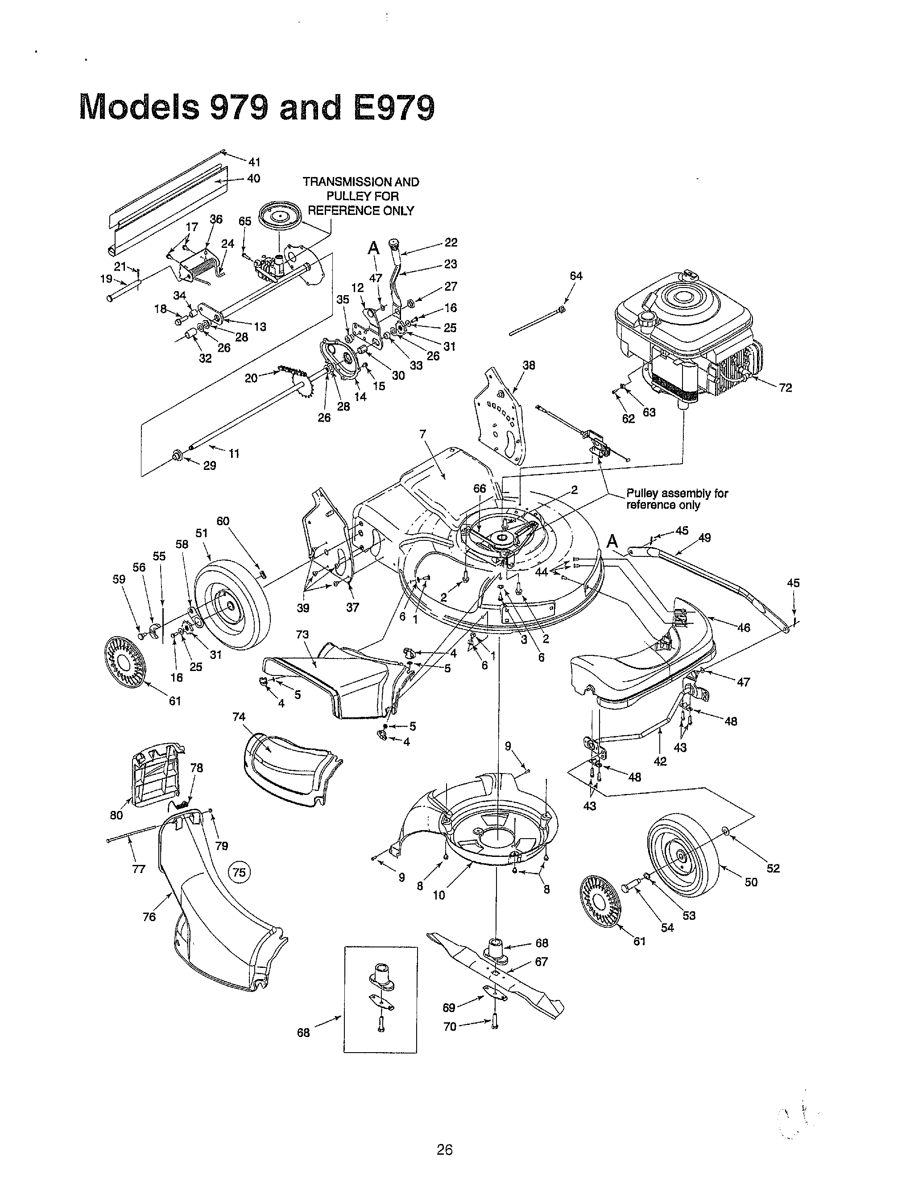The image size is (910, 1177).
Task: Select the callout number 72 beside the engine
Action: [x=786, y=388]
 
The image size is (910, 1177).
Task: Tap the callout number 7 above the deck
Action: [x=422, y=434]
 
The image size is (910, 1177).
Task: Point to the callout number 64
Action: [x=576, y=276]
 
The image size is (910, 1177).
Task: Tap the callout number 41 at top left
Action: [x=254, y=162]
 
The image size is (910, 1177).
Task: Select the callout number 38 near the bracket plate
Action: [x=529, y=366]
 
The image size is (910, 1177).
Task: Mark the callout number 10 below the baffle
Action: [x=439, y=896]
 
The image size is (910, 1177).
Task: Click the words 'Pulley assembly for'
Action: [x=677, y=493]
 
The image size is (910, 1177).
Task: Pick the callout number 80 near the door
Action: [x=116, y=815]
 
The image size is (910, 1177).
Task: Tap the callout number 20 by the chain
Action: [x=251, y=379]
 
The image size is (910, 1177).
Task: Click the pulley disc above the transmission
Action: [x=281, y=216]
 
